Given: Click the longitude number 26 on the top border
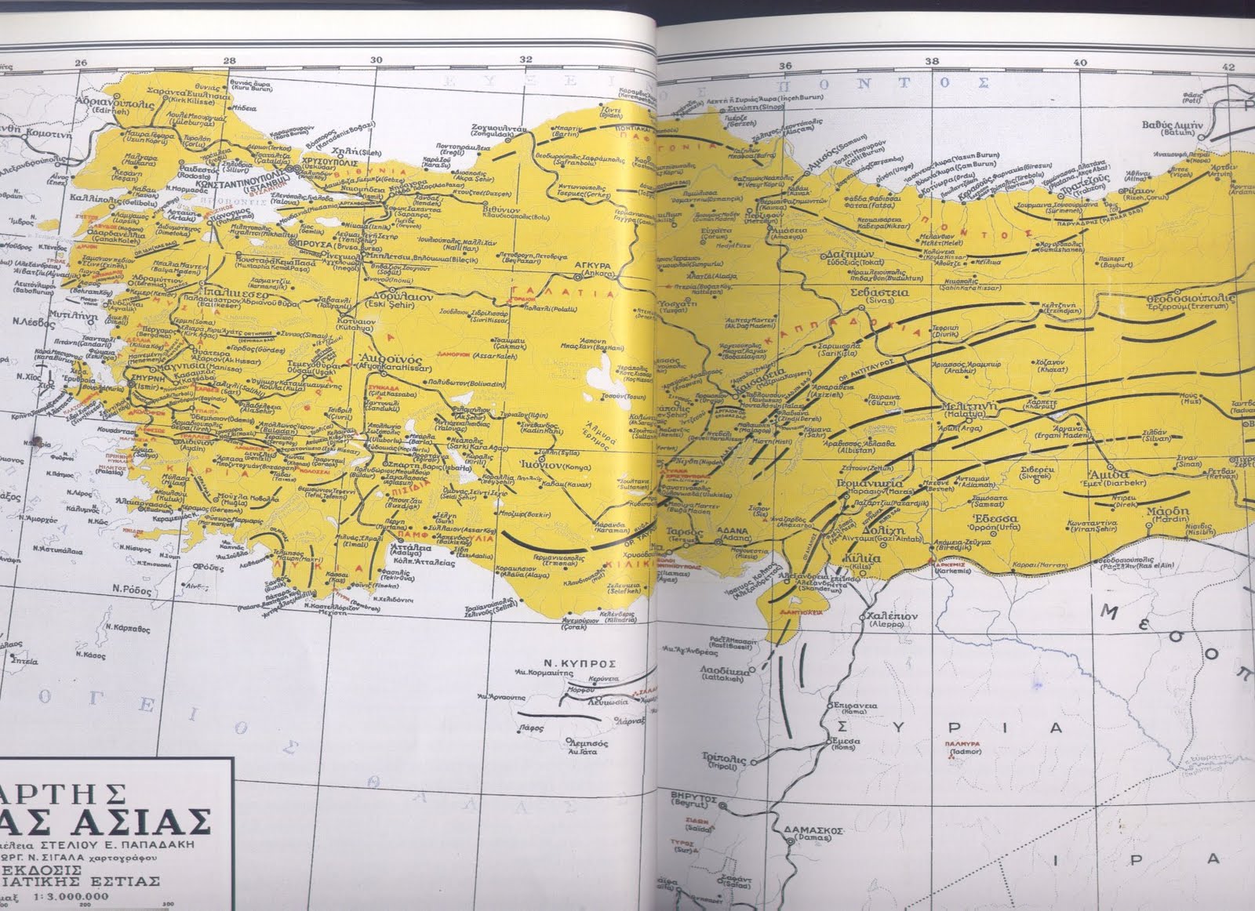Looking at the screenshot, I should coord(78,64).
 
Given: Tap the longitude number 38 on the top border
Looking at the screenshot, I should coord(932,62).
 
